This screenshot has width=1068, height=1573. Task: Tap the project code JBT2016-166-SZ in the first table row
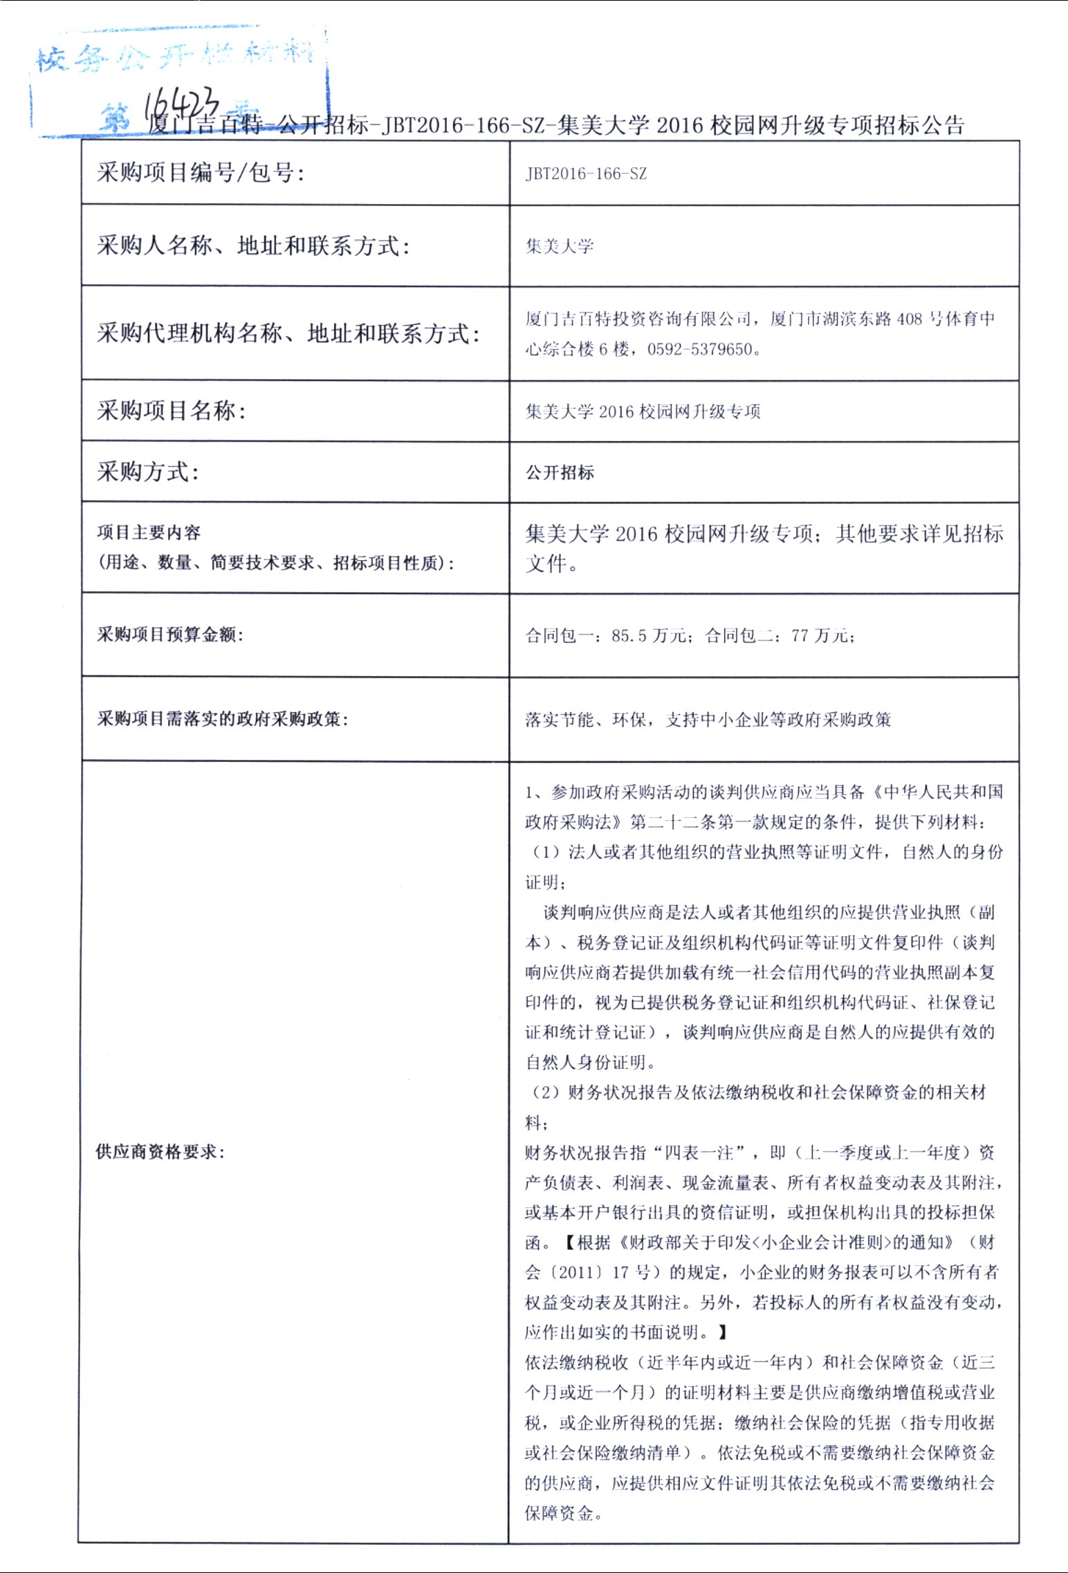[x=586, y=174]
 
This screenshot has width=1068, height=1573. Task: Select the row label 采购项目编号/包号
[x=201, y=172]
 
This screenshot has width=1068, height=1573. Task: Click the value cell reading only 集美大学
[x=560, y=246]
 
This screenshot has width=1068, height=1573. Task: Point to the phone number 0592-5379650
[x=699, y=349]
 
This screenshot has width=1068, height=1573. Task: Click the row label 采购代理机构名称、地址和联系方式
[x=288, y=333]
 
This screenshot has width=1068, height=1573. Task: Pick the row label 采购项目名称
[x=172, y=411]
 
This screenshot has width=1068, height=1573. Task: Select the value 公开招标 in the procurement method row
[x=560, y=472]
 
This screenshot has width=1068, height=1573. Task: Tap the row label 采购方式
[x=148, y=472]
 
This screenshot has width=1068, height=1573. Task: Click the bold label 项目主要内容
[x=149, y=532]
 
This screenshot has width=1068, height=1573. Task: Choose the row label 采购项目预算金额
[x=170, y=635]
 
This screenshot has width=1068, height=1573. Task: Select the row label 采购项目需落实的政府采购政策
[x=223, y=719]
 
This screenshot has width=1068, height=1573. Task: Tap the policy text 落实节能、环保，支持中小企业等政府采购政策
[x=708, y=720]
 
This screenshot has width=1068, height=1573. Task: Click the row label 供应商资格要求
[x=160, y=1151]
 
